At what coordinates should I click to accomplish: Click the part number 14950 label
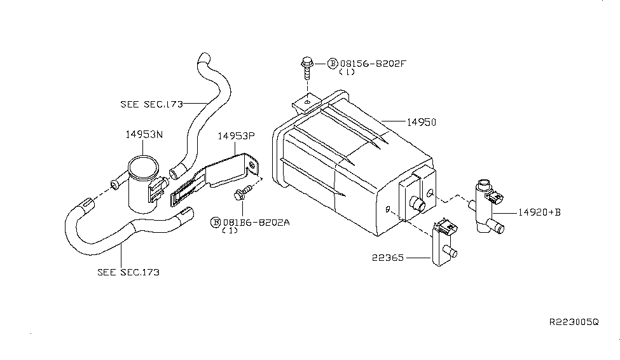[422, 122]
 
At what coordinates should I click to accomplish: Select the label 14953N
[144, 134]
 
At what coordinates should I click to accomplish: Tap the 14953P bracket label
[236, 136]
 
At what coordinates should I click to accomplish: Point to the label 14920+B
[539, 212]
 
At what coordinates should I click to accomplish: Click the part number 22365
[387, 258]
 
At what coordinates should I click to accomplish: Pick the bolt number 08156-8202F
[373, 64]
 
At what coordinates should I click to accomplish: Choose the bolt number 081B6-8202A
[256, 223]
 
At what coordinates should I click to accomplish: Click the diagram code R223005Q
[574, 322]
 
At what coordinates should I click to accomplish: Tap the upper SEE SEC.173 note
[152, 104]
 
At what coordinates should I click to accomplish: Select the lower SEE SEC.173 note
[128, 272]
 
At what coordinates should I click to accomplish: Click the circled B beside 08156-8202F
[333, 64]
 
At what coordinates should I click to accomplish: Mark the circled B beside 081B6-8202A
[216, 223]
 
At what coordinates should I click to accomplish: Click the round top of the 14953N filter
[143, 167]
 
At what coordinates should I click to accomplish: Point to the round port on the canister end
[418, 204]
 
